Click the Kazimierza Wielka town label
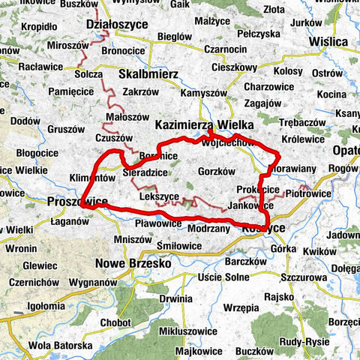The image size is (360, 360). coord(204,124)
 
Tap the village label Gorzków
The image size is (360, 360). coord(217,171)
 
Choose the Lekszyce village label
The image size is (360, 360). coord(159,196)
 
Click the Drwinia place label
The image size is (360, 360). coord(175,298)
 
